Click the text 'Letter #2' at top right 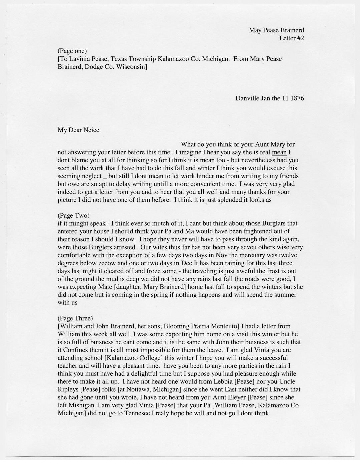coord(291,38)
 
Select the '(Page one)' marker coord(72,51)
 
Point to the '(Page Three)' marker coord(75,318)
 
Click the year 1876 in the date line coord(297,98)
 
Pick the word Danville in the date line coord(247,98)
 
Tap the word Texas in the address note coord(119,59)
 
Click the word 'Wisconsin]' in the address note coord(131,67)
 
